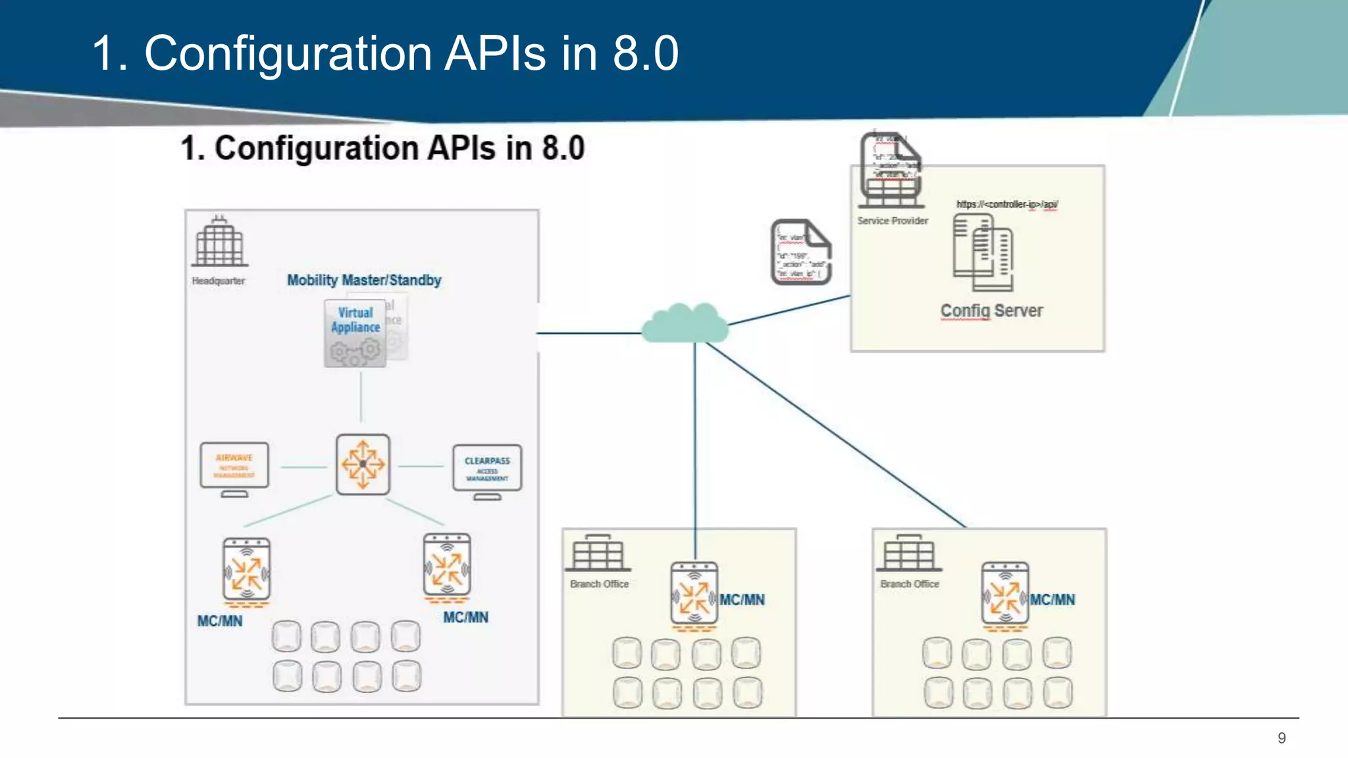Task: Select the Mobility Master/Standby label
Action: click(x=364, y=280)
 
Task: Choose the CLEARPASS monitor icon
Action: click(x=487, y=468)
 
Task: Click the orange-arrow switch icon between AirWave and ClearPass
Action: click(x=363, y=464)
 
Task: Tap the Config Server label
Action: click(x=991, y=311)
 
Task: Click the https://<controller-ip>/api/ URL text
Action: click(x=1006, y=205)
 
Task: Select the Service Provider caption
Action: click(x=893, y=221)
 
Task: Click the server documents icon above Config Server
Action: click(x=983, y=253)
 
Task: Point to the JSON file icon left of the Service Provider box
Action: click(x=801, y=253)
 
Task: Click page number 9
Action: click(x=1281, y=738)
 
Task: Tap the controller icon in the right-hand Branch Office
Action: click(x=1004, y=594)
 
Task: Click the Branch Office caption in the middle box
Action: click(x=599, y=584)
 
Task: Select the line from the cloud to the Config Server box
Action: click(x=790, y=310)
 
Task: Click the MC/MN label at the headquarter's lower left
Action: click(x=220, y=621)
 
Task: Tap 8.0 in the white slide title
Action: click(x=645, y=53)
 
